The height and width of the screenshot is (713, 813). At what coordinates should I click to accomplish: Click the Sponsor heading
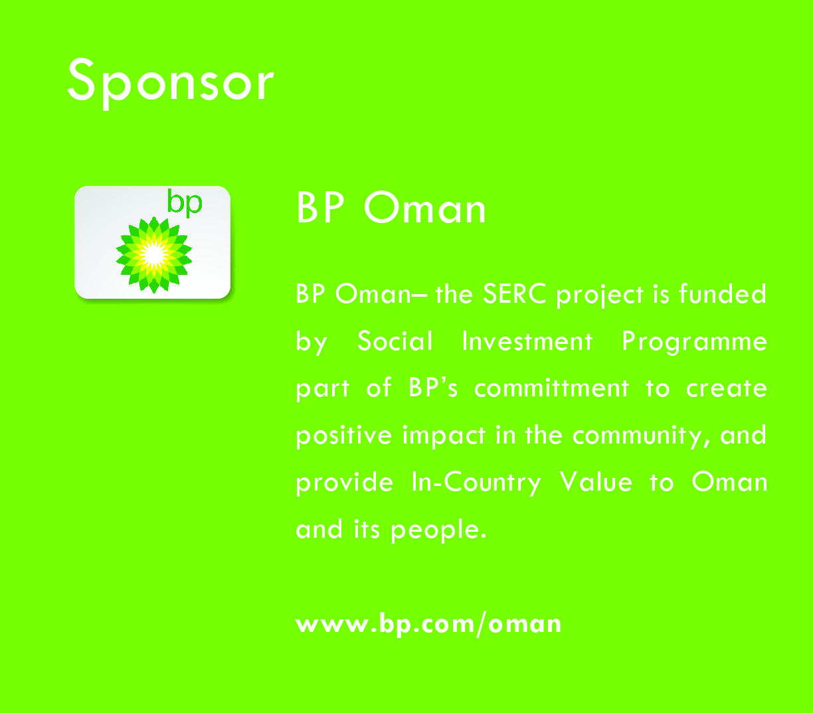(171, 82)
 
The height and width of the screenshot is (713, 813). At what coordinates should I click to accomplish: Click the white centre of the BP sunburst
(153, 254)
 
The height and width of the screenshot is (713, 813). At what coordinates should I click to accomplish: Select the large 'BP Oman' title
(391, 208)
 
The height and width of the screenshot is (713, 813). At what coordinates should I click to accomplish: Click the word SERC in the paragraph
(515, 293)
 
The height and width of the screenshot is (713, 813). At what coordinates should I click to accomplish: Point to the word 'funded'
(722, 293)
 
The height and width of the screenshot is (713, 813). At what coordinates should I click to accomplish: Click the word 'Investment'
(527, 341)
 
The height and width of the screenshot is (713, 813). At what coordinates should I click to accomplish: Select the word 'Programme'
(695, 343)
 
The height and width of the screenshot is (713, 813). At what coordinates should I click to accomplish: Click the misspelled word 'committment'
(552, 388)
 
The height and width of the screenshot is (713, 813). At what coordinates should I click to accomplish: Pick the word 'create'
(727, 388)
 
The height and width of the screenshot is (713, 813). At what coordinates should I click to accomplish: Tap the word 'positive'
(344, 436)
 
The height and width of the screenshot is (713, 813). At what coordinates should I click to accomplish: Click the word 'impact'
(444, 436)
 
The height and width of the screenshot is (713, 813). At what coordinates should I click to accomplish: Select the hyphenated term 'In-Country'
(476, 483)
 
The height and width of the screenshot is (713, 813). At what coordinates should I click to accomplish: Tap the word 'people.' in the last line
(438, 530)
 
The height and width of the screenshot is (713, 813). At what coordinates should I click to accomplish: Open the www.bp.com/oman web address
(428, 624)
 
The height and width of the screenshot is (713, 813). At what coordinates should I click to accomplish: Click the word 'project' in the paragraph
(600, 295)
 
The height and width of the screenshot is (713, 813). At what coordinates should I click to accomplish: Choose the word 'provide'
(345, 483)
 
